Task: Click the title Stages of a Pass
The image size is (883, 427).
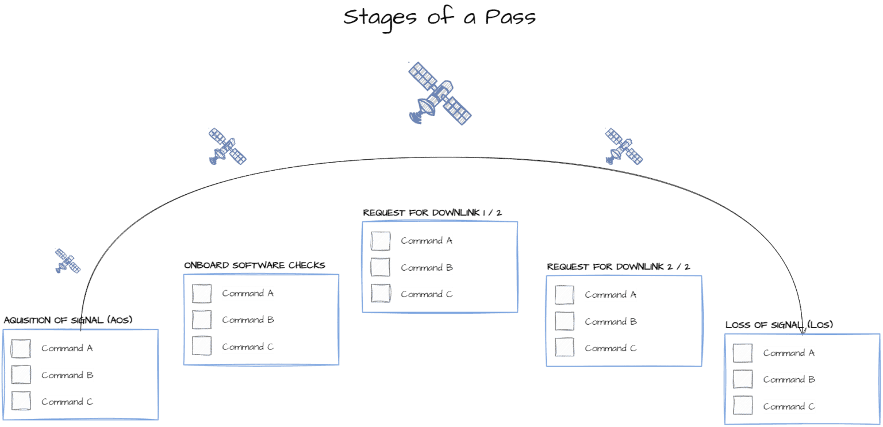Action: pyautogui.click(x=440, y=17)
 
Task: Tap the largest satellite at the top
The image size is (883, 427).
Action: pyautogui.click(x=440, y=94)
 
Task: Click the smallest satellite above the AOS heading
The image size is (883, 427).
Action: pyautogui.click(x=67, y=260)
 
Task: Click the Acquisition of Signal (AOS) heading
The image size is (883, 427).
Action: pyautogui.click(x=68, y=320)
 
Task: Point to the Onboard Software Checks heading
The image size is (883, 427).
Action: pyautogui.click(x=255, y=265)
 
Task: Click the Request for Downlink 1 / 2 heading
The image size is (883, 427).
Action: pyautogui.click(x=433, y=213)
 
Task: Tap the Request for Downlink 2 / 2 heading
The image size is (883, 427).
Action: pyautogui.click(x=618, y=267)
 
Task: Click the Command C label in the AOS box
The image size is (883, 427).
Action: pyautogui.click(x=67, y=402)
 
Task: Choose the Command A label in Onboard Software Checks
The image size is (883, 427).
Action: pyautogui.click(x=248, y=293)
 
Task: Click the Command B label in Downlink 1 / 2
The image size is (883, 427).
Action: pyautogui.click(x=427, y=267)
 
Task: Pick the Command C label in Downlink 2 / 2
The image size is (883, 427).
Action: pyautogui.click(x=611, y=348)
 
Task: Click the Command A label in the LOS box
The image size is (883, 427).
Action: pyautogui.click(x=789, y=353)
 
